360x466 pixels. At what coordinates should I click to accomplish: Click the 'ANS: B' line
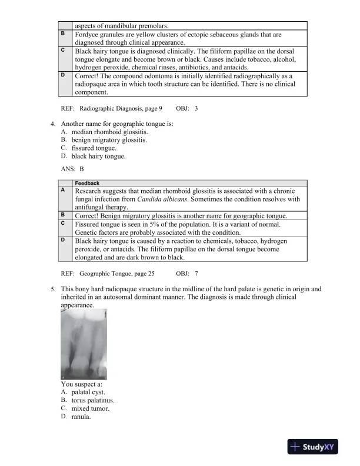pyautogui.click(x=73, y=168)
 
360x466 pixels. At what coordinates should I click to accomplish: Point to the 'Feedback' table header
pyautogui.click(x=87, y=184)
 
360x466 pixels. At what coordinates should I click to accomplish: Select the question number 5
pyautogui.click(x=53, y=289)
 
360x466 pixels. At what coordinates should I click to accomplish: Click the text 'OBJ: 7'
pyautogui.click(x=187, y=274)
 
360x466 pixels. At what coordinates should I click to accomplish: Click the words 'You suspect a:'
pyautogui.click(x=82, y=384)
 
